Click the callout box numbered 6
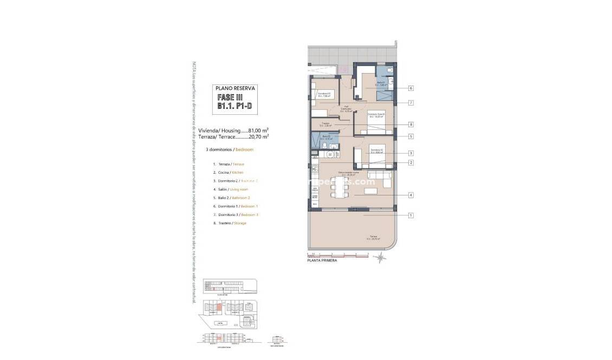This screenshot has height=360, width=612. pos(412,88)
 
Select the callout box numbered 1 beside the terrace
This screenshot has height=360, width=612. pos(412,215)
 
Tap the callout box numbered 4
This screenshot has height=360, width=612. pos(412,195)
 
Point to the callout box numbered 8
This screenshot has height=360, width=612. pos(412,124)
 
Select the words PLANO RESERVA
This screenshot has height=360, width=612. pos(235,88)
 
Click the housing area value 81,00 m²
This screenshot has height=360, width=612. pos(258,130)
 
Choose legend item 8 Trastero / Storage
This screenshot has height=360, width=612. pos(230,223)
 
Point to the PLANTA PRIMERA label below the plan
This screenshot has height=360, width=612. pos(322,260)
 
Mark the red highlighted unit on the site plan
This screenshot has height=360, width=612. pos(218,309)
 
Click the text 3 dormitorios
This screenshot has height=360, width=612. pos(218,149)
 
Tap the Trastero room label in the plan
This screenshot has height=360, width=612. pos(325,125)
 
